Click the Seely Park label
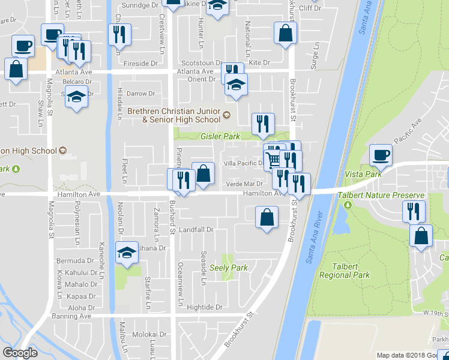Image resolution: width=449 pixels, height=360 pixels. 229,268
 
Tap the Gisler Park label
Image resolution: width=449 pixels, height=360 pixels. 223,137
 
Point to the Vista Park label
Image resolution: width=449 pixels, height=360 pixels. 363,174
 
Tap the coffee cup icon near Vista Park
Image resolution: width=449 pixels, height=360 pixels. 381,156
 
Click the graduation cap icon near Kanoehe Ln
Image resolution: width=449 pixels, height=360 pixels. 127,254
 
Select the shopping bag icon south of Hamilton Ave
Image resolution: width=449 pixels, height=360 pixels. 267,218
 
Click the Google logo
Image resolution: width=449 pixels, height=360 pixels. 20,353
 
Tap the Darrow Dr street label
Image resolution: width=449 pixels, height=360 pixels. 140,94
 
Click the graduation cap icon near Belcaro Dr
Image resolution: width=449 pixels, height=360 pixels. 77,97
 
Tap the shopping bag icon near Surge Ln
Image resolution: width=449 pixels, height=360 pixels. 285,34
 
